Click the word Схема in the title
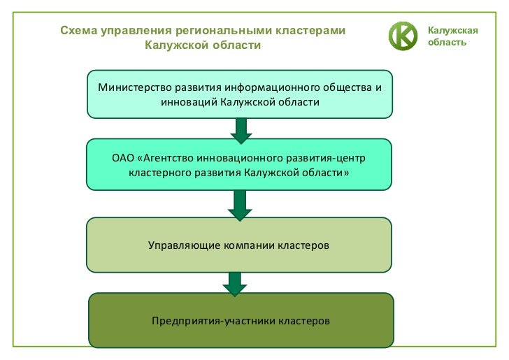click(78, 31)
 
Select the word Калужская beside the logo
click(452, 30)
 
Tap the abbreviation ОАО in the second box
click(123, 157)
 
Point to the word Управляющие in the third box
click(183, 245)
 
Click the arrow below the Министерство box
click(240, 129)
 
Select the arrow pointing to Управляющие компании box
click(240, 205)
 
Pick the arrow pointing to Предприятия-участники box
click(235, 282)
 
